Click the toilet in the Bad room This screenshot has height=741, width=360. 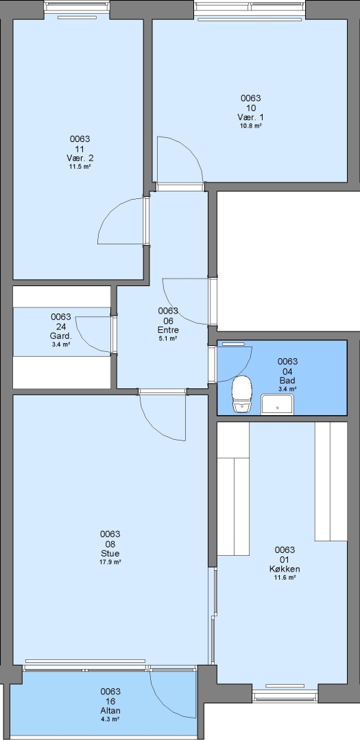[242, 394]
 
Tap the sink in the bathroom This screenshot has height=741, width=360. [278, 405]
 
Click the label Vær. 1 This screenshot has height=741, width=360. [251, 117]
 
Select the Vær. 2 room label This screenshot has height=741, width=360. [80, 157]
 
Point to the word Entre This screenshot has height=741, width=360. [168, 330]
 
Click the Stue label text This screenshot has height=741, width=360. [110, 554]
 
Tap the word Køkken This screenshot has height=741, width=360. [285, 569]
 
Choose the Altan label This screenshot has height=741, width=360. [110, 710]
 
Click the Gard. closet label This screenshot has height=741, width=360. [61, 336]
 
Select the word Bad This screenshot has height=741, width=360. [287, 380]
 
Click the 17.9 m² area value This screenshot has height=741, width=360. [110, 562]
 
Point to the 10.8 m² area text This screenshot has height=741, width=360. [252, 126]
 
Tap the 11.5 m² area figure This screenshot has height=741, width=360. [80, 166]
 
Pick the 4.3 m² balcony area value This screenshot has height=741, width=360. [110, 719]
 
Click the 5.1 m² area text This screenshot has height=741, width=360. [168, 338]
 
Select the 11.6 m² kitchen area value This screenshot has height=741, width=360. [285, 578]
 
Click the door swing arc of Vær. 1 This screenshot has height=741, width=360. [190, 148]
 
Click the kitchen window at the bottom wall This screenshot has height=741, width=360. [285, 695]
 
